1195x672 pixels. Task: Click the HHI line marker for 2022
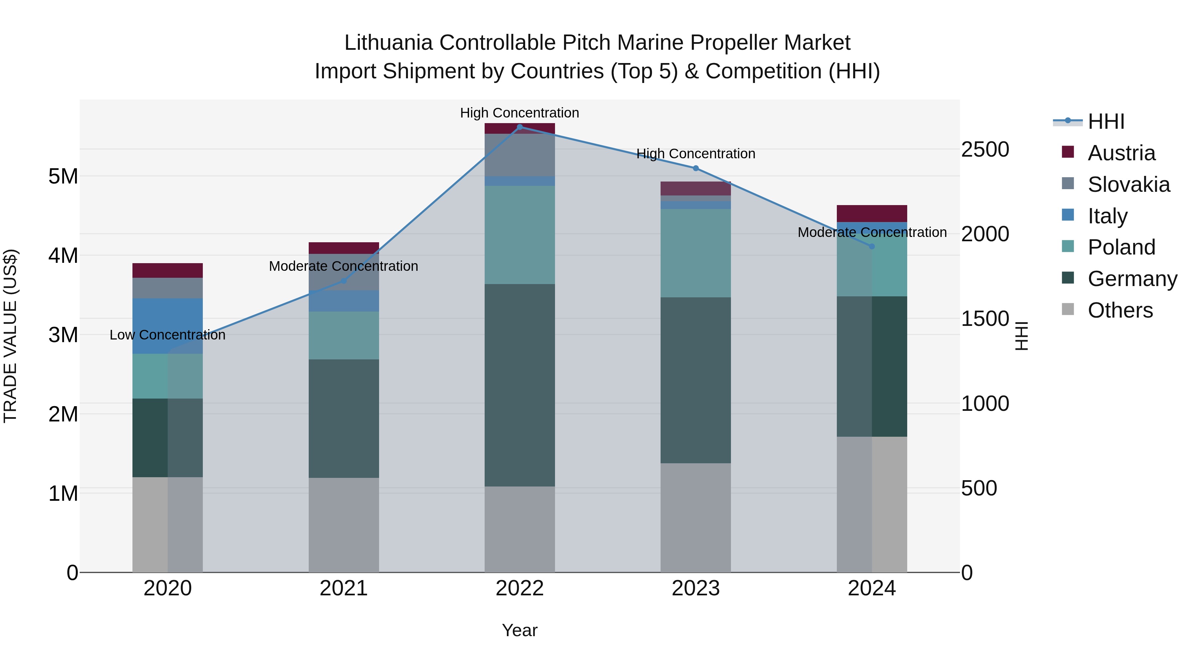point(519,127)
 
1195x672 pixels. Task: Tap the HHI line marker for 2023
point(695,168)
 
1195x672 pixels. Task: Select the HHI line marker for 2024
point(872,246)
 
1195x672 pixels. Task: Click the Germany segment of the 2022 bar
point(519,385)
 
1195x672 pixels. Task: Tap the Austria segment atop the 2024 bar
point(872,213)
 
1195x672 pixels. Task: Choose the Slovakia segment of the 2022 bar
point(519,155)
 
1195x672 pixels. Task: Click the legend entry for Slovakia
point(1128,185)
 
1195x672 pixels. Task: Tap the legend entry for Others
point(1120,310)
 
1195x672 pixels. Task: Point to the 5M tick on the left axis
point(63,176)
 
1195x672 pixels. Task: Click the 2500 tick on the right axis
point(985,149)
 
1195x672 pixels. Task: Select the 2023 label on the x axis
point(695,588)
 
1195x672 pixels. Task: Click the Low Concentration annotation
point(168,335)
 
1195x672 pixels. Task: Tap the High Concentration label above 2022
point(519,113)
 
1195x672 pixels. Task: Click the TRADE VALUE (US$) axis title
point(10,336)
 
